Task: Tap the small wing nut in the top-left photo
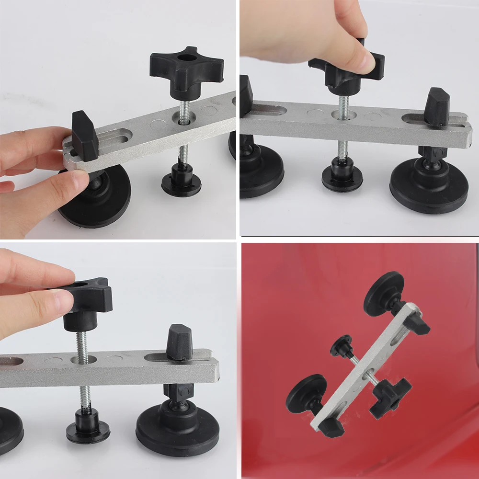[85, 137]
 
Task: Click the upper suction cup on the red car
[384, 294]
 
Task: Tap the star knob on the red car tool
[390, 395]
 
